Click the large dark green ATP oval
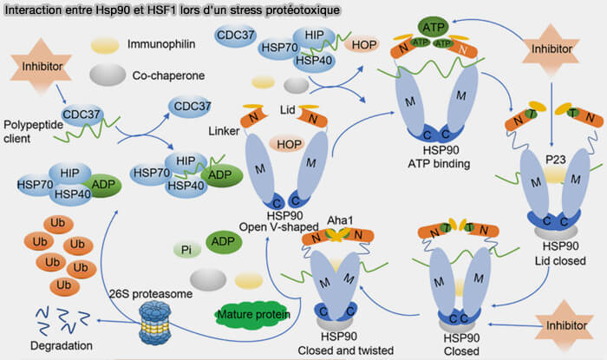coord(434,27)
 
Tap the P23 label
coord(556,160)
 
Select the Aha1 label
coord(340,220)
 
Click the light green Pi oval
coord(186,250)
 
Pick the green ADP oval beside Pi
coord(224,241)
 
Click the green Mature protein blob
coord(253,315)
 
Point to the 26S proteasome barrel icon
coord(155,323)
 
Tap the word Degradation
coord(62,345)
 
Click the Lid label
coord(287,110)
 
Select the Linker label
coord(224,131)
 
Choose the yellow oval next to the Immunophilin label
coord(105,45)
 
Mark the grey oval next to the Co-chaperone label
coord(108,75)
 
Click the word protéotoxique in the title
coord(303,10)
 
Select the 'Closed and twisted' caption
coord(345,350)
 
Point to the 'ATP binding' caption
coord(439,164)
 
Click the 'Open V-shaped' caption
coord(278,226)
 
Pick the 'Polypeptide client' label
coord(33,132)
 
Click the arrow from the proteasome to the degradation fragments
coord(119,322)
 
